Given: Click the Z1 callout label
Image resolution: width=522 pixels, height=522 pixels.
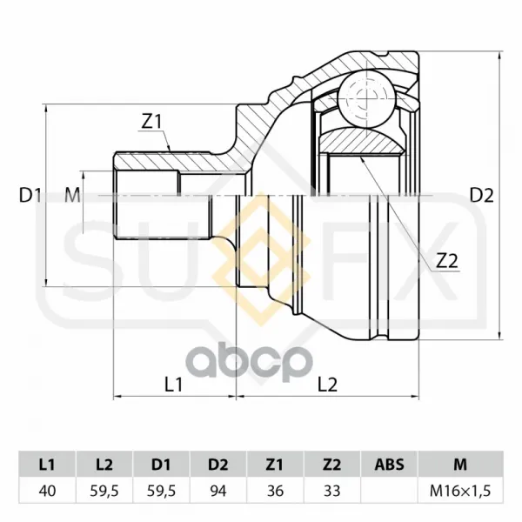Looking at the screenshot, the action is point(151,122).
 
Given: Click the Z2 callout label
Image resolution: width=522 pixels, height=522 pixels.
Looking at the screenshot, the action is point(447,261).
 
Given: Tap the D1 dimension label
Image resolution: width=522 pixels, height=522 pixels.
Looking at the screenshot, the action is point(30,196).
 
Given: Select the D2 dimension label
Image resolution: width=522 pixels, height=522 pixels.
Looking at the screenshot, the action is point(481,196).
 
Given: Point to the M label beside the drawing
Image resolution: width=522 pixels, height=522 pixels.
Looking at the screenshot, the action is point(72,196).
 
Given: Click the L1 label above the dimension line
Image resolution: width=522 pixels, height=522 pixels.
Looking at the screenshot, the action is point(174,385).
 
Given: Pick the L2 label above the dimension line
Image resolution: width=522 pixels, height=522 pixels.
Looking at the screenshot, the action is point(328,385).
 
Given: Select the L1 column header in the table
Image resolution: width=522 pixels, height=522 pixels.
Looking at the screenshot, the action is point(47,465).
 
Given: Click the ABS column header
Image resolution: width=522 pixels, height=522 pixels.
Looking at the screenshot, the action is point(389,465).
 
